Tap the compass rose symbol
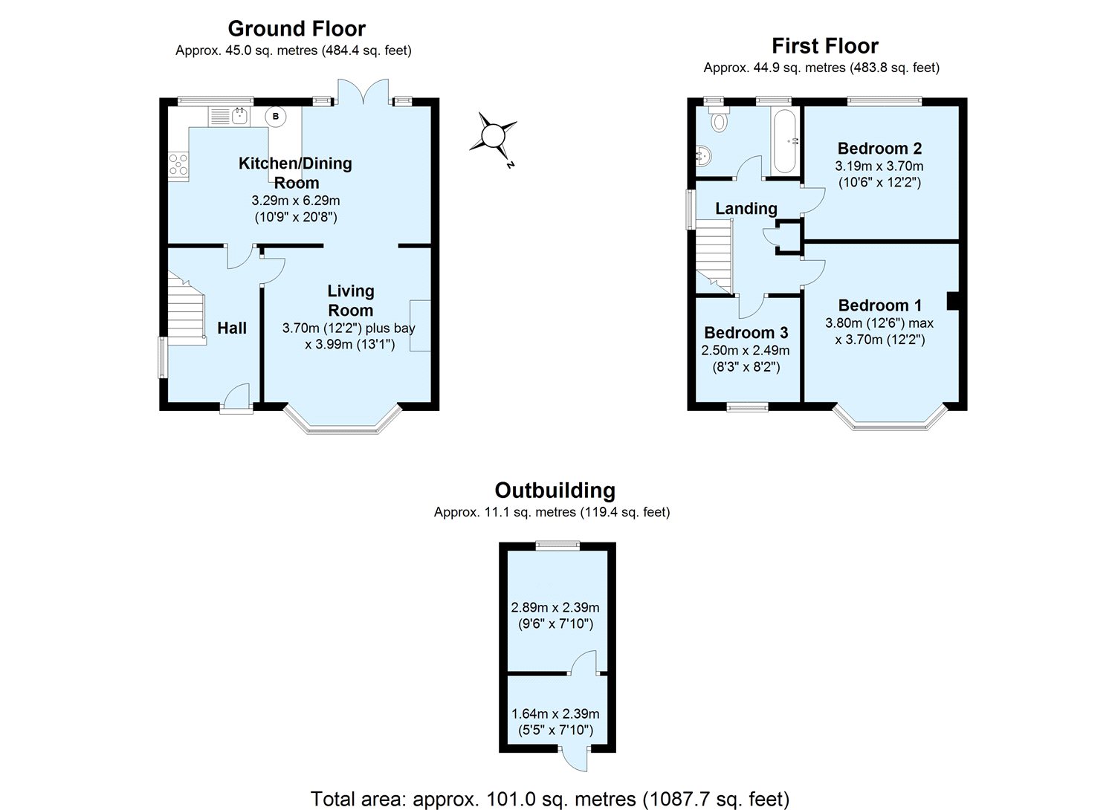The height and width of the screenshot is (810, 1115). tap(493, 136)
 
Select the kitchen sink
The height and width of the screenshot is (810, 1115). tap(230, 115)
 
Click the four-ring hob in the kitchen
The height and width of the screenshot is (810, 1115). tap(179, 163)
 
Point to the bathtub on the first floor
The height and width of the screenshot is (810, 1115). tap(785, 140)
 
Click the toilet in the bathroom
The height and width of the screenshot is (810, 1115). tap(718, 120)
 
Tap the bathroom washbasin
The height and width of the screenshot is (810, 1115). tap(702, 155)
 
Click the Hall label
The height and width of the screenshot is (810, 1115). tap(232, 328)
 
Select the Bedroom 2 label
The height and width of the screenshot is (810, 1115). tap(879, 149)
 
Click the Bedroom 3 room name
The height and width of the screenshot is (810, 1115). tap(746, 332)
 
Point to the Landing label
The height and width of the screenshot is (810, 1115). tap(746, 209)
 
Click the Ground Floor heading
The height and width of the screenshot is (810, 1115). tap(296, 29)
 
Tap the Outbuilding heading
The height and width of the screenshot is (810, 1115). tap(555, 490)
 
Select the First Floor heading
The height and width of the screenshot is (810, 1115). tap(824, 46)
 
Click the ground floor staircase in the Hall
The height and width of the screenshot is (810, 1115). tap(186, 311)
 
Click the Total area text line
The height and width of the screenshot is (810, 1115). tap(549, 799)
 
